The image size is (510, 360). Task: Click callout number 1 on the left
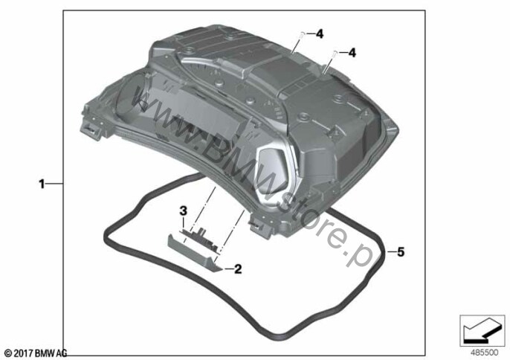[x=42, y=184]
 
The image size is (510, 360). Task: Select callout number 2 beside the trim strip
[x=238, y=269]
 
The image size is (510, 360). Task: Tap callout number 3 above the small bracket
[x=184, y=211]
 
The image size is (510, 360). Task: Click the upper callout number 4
[x=320, y=34]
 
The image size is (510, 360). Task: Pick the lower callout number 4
[x=352, y=52]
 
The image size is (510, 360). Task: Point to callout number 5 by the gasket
[x=401, y=251]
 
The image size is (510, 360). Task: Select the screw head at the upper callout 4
[x=302, y=33]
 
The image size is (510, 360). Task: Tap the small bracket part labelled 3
[x=199, y=240]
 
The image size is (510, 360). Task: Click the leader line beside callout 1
[x=54, y=184]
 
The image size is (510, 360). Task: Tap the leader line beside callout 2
[x=228, y=269]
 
